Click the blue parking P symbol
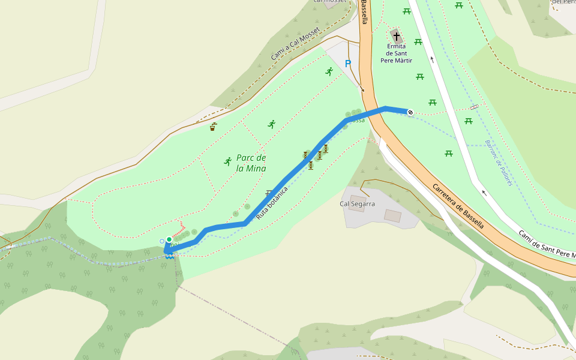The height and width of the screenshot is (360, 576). tap(348, 63)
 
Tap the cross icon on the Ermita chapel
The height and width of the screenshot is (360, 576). tap(396, 36)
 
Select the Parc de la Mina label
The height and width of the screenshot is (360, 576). tap(251, 163)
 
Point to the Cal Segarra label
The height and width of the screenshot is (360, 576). tap(357, 204)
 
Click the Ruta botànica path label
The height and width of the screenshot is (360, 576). tap(272, 202)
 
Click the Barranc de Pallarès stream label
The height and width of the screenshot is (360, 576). tap(499, 163)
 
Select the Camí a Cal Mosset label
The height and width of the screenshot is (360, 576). tap(295, 44)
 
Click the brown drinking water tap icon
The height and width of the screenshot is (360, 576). tap(213, 127)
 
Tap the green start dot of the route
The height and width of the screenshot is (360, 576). tap(169, 239)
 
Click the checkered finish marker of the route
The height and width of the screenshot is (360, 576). tap(410, 112)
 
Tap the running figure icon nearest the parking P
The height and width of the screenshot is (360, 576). tap(329, 71)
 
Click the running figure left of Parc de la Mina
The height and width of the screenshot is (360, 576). tap(227, 161)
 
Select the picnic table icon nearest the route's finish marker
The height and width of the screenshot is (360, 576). tap(432, 102)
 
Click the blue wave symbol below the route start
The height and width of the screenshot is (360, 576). tap(170, 256)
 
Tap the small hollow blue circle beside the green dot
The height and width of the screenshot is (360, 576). tap(161, 241)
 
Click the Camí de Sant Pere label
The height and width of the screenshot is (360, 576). tap(547, 245)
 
